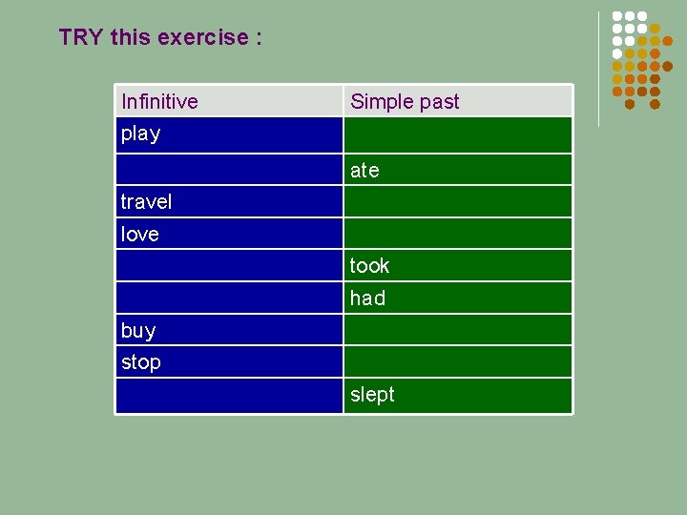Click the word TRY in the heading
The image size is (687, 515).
coord(81,37)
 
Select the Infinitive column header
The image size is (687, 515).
coord(159,101)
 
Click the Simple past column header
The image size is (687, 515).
coord(405,101)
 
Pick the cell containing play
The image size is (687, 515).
coord(141,134)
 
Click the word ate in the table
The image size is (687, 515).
coord(364,170)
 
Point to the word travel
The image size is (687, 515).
coord(146,201)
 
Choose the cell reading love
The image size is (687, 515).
coord(139,234)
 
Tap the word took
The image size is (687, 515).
coord(369,265)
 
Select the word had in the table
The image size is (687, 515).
coord(367,298)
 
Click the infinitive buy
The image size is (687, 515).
coord(138,330)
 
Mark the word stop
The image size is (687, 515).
coord(140,362)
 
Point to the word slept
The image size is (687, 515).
coord(372,395)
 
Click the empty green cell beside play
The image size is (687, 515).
coord(458,134)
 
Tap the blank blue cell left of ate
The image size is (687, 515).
coord(229,170)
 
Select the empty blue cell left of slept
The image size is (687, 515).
coord(229,395)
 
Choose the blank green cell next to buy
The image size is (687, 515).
coord(458,330)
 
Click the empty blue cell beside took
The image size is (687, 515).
coord(229,265)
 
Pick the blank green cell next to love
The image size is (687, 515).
coord(458,234)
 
